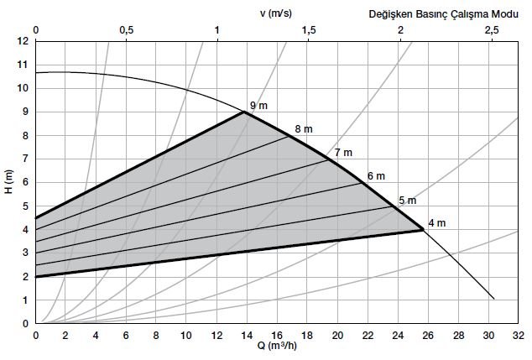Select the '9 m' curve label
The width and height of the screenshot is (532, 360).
(258, 104)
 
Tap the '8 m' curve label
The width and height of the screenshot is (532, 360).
(303, 129)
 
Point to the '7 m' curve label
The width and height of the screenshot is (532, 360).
(342, 153)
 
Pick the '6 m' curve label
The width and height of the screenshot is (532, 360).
(376, 176)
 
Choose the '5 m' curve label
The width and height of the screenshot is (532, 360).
(407, 201)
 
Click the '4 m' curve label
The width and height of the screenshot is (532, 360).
(436, 223)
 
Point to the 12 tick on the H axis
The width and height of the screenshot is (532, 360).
(22, 41)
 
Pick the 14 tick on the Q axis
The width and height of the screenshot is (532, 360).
(246, 336)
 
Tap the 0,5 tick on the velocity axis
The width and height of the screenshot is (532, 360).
(126, 30)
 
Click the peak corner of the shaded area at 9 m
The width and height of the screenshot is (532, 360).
(244, 112)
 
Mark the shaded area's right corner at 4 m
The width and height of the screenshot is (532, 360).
(423, 229)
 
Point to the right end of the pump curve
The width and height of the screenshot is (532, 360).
(494, 299)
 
